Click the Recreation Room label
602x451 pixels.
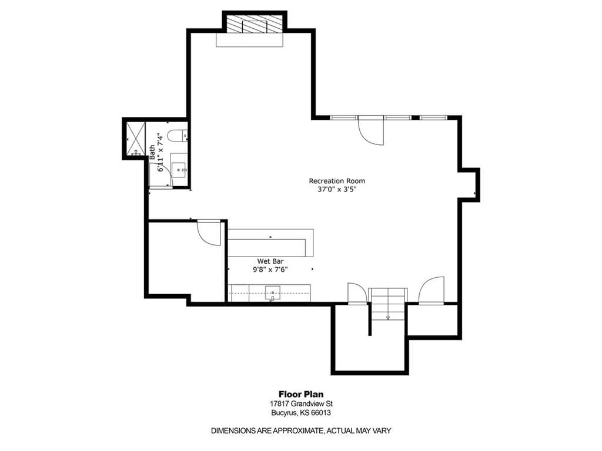(337, 181)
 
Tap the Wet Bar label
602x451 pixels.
(270, 261)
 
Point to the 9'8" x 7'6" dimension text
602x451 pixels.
(270, 270)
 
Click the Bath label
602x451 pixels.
(152, 152)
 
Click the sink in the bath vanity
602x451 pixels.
(179, 169)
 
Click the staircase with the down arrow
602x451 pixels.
(387, 304)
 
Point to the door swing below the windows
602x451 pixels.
(371, 131)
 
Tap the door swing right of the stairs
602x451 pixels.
(432, 291)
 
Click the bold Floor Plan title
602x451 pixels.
(301, 394)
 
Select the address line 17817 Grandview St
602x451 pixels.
(301, 404)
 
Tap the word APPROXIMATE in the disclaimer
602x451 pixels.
(297, 430)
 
